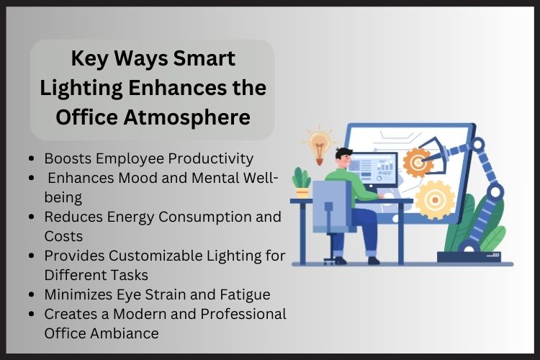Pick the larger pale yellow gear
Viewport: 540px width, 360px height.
(x=436, y=199)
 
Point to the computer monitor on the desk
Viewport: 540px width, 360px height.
(x=378, y=173)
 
